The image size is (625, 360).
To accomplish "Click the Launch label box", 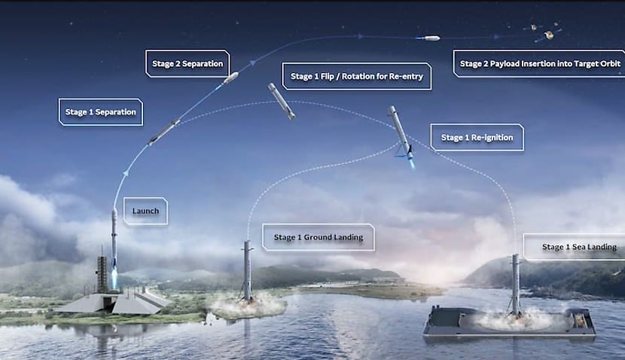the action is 145,211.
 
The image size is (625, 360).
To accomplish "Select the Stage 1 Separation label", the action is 101,112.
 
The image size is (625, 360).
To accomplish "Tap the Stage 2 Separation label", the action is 187,63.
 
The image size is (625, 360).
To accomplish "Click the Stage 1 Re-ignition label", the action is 477,137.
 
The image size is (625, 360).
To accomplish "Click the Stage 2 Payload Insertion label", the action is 538,63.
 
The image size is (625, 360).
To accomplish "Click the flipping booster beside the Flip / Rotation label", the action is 282,101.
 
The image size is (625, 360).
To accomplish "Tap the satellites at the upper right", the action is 544,31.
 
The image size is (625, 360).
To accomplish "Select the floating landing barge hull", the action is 509,325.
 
